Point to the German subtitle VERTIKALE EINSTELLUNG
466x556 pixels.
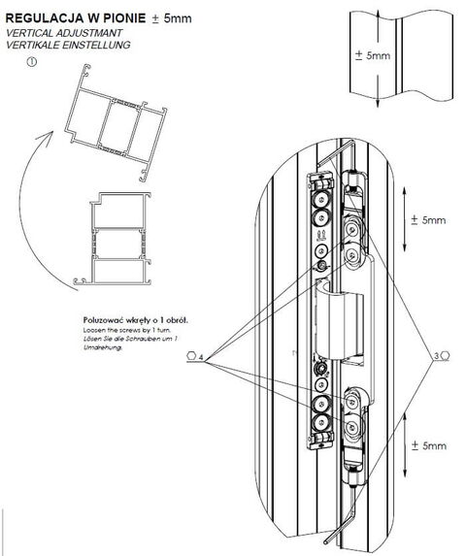[x=68, y=46]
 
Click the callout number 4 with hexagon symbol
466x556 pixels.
[x=193, y=357]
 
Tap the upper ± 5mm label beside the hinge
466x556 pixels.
[x=427, y=220]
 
